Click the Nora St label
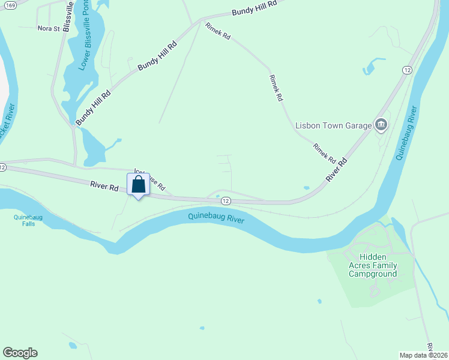pos(49,28)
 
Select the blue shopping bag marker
pos(138,186)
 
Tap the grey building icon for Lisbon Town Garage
pos(381,125)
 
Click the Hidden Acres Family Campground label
pos(373,265)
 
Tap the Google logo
pos(20,353)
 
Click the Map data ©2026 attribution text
pos(423,355)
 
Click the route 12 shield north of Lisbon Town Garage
pos(408,70)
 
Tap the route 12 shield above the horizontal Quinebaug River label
pos(225,200)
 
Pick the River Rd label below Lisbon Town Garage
pos(337,170)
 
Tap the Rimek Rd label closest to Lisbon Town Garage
pos(324,153)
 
